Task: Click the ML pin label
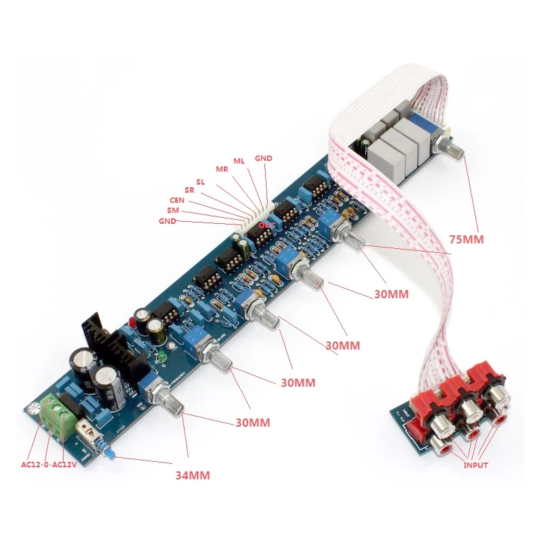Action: [x=239, y=161]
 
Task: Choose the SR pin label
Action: [x=190, y=191]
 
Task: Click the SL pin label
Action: [x=201, y=182]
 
